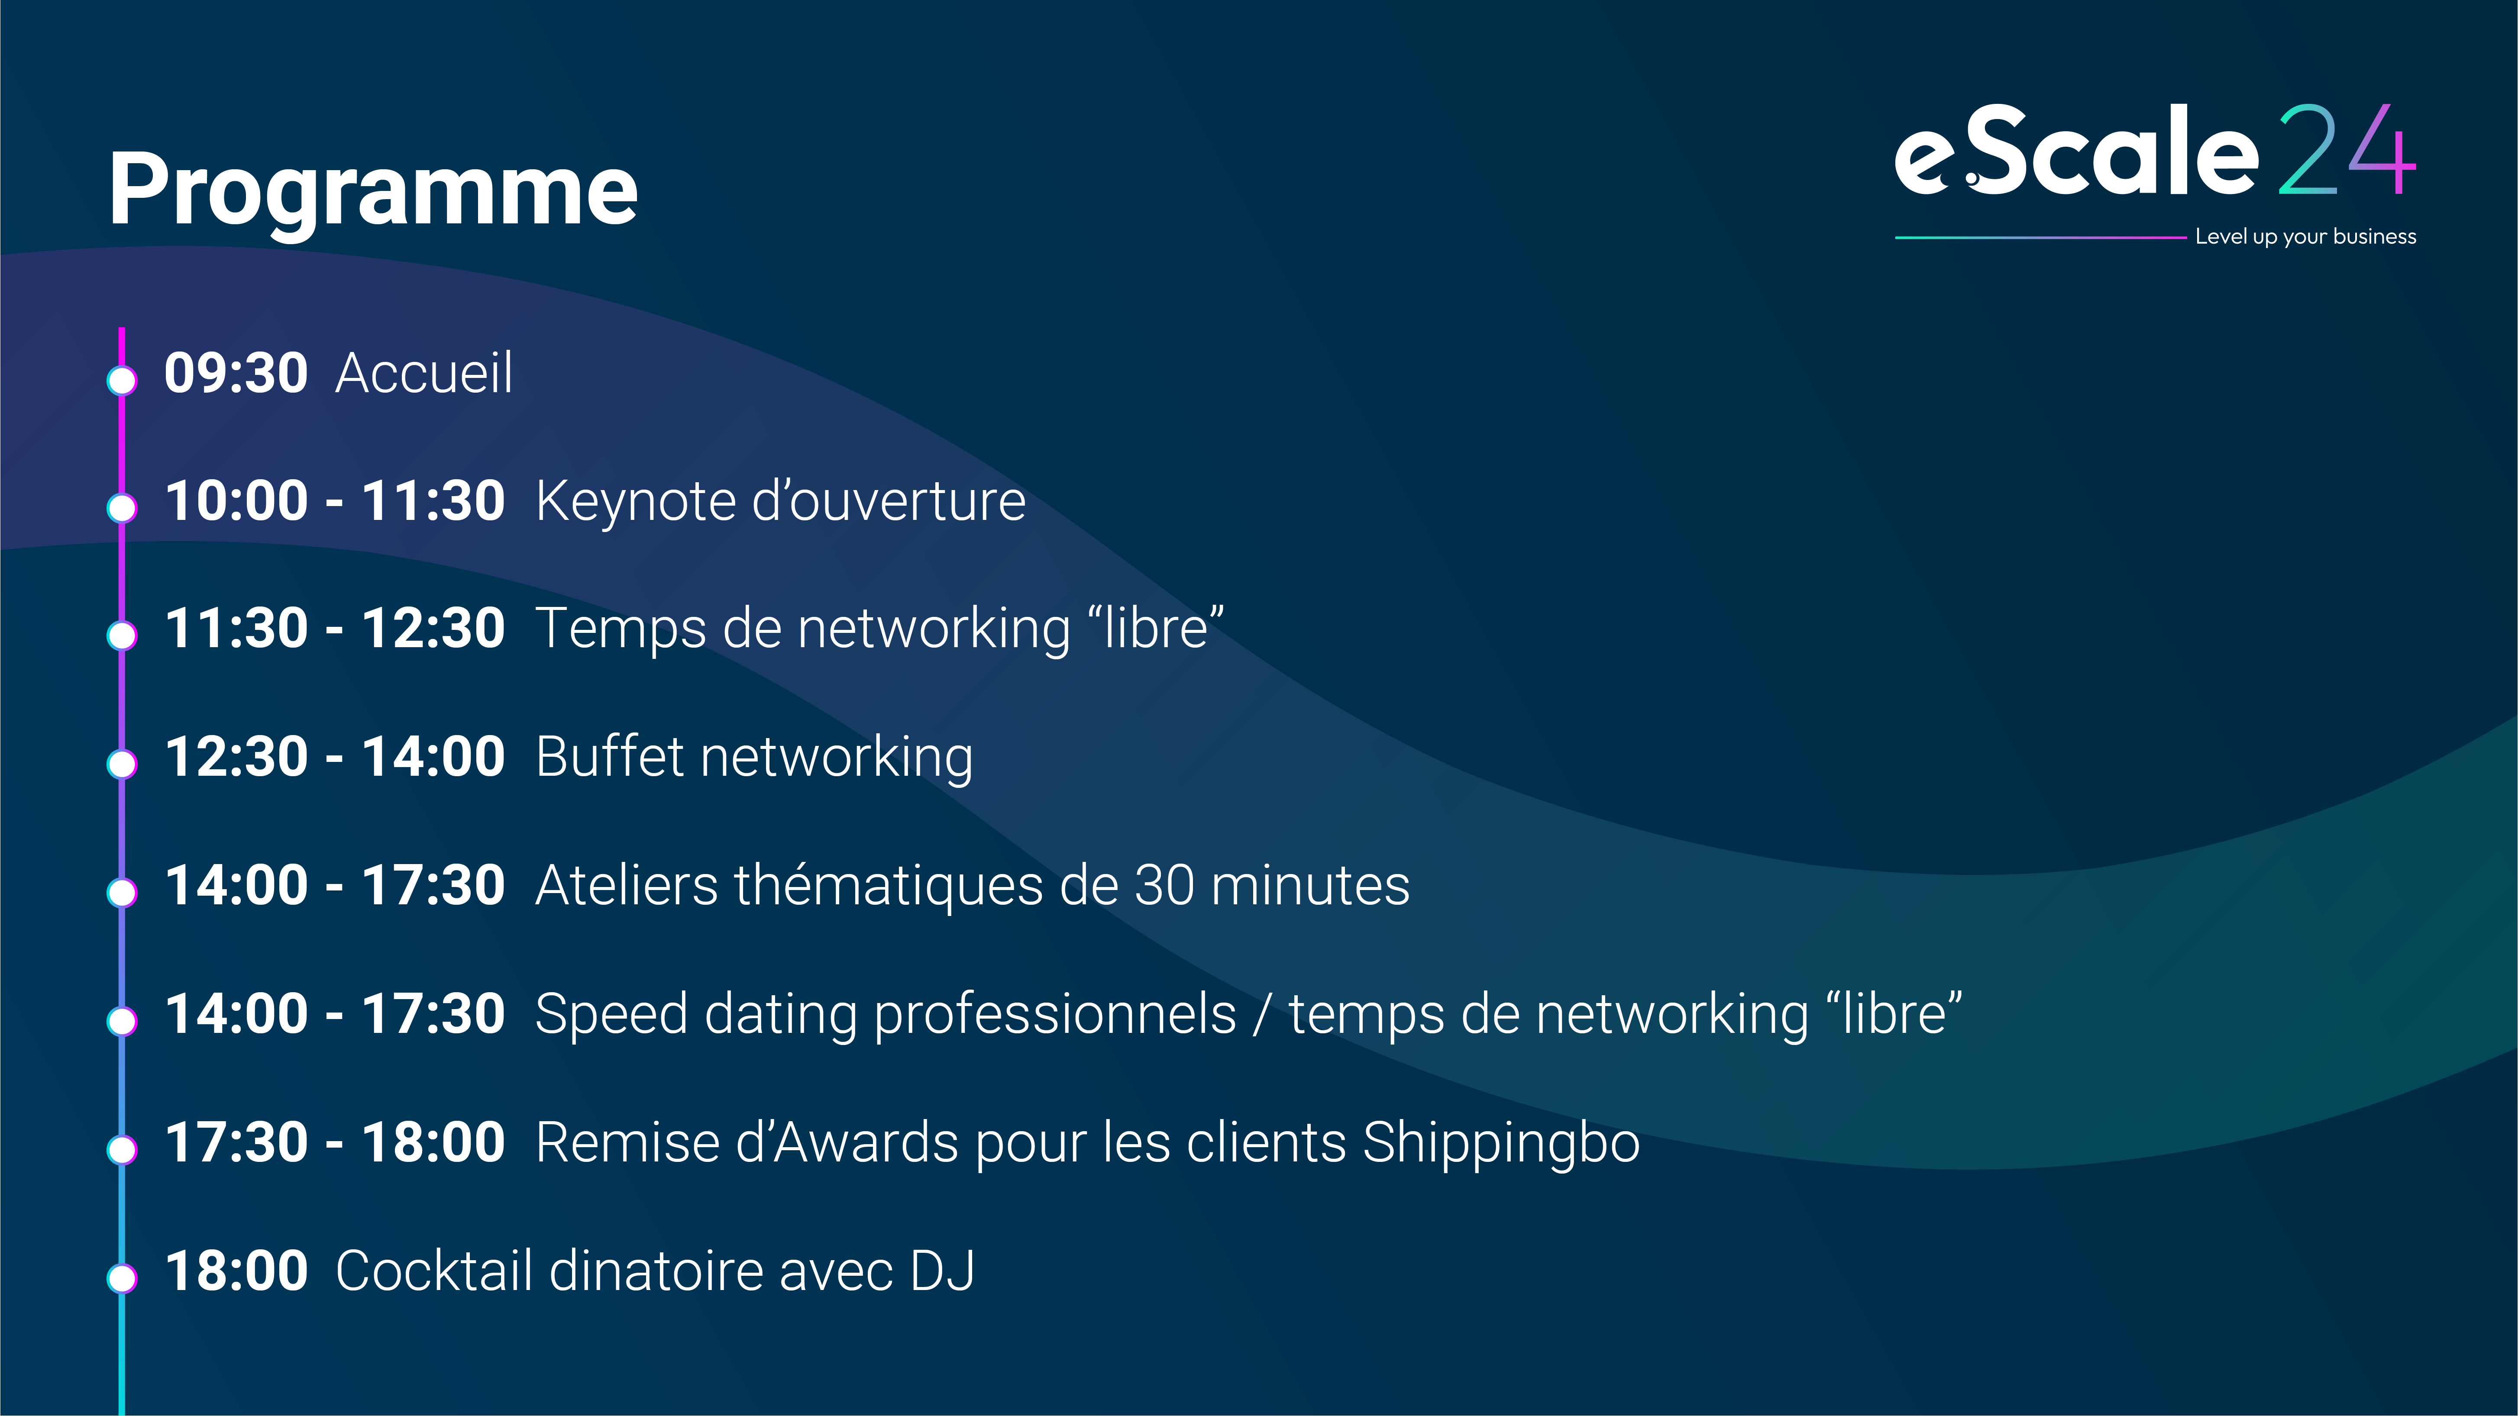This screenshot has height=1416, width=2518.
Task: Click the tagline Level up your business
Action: (2305, 236)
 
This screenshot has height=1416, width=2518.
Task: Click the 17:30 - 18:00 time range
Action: (334, 1142)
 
